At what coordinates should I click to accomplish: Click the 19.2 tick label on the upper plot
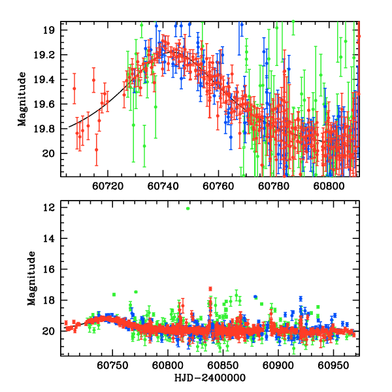pyautogui.click(x=49, y=55)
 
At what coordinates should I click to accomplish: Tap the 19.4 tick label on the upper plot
pyautogui.click(x=49, y=80)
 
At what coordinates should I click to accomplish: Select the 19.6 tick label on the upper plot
pyautogui.click(x=49, y=104)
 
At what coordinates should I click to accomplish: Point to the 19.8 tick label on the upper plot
pyautogui.click(x=49, y=129)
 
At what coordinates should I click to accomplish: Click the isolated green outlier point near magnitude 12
pyautogui.click(x=188, y=208)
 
